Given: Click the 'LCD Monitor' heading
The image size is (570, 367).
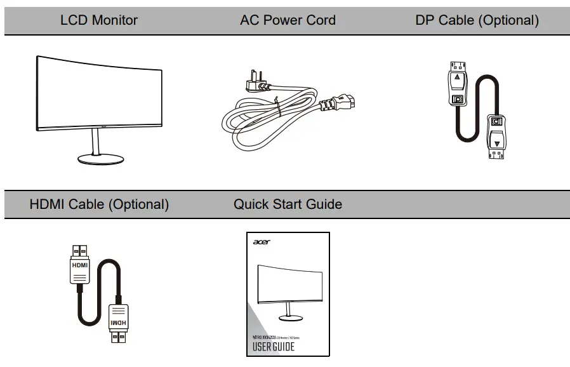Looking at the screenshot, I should (x=98, y=20).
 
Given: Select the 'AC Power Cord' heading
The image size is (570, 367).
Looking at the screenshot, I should (x=288, y=20).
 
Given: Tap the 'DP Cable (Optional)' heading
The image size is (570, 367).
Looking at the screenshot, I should (x=477, y=20).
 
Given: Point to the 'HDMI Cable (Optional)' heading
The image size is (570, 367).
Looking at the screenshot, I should (x=99, y=204).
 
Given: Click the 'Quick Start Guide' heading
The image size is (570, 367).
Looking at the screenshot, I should (x=288, y=204).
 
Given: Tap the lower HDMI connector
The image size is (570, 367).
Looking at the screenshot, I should (x=117, y=321).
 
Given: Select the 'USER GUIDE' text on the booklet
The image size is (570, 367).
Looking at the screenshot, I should (x=274, y=347).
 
